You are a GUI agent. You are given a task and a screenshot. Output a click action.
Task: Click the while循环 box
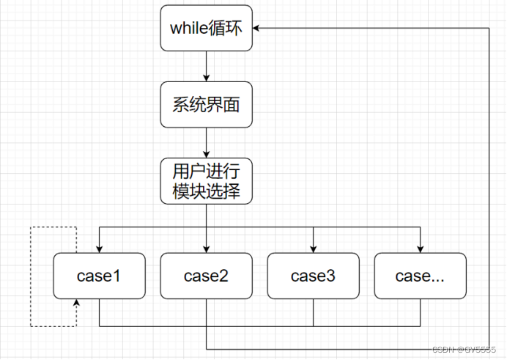[x=206, y=29]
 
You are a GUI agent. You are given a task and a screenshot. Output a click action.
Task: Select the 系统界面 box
[x=206, y=105]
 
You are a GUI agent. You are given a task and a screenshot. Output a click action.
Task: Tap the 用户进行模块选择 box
[x=206, y=181]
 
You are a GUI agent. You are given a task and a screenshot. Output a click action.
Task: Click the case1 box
[x=99, y=276]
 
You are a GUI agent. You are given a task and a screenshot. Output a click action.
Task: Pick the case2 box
[x=206, y=276]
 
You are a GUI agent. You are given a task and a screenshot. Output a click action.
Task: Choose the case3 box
[x=313, y=276]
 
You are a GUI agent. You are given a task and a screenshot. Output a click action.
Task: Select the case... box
[x=420, y=276]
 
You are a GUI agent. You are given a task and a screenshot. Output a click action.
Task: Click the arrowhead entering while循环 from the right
[x=257, y=28]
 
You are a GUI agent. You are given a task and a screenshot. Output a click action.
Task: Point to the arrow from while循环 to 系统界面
[x=207, y=66]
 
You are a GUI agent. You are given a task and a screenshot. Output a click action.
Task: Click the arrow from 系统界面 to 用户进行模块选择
[x=207, y=142]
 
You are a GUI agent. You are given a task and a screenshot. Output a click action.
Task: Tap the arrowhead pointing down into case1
[x=100, y=249]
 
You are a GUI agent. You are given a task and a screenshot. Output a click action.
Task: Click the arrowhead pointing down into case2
[x=207, y=249]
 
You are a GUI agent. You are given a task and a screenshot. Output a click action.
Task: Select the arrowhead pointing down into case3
[x=314, y=249]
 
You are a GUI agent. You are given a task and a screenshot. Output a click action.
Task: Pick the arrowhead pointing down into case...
[x=421, y=249]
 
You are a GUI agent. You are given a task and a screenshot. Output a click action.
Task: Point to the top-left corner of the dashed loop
[x=30, y=228]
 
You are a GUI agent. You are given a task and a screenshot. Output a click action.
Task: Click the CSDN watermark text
[x=466, y=350]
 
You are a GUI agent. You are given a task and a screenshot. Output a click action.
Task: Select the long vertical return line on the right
[x=489, y=183]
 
